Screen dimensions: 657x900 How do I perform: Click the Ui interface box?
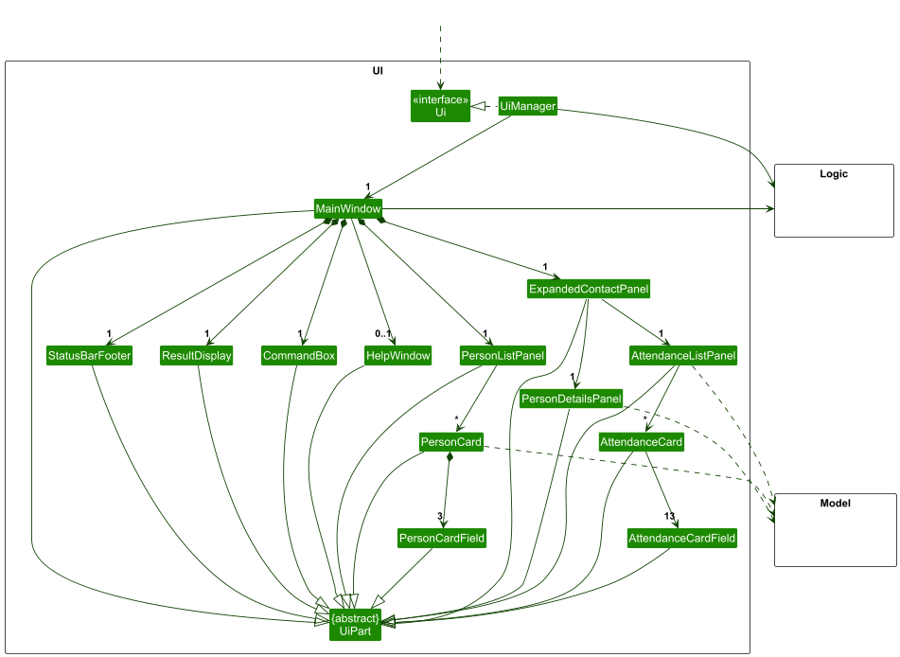click(440, 106)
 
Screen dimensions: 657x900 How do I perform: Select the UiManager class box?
click(527, 106)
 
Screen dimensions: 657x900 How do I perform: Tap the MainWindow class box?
click(347, 208)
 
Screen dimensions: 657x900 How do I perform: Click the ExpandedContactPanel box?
click(589, 289)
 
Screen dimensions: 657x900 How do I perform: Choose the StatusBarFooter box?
click(89, 356)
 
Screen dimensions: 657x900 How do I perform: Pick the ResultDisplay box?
click(197, 356)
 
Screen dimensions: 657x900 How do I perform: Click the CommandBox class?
click(299, 356)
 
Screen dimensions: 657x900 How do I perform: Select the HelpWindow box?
click(397, 356)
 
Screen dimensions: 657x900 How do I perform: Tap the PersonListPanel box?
click(503, 356)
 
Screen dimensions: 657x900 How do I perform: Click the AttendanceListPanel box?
click(683, 356)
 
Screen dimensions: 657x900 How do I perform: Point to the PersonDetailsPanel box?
click(571, 400)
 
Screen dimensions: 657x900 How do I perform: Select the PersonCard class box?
click(451, 442)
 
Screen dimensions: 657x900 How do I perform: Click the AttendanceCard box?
click(641, 442)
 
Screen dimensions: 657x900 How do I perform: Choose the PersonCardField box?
click(442, 538)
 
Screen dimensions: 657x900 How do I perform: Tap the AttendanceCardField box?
click(681, 538)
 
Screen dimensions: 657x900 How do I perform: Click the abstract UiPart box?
click(355, 625)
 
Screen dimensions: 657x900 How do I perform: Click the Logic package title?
click(833, 174)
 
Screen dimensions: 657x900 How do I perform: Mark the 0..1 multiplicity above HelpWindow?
click(382, 334)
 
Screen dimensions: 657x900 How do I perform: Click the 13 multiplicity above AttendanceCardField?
click(670, 517)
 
